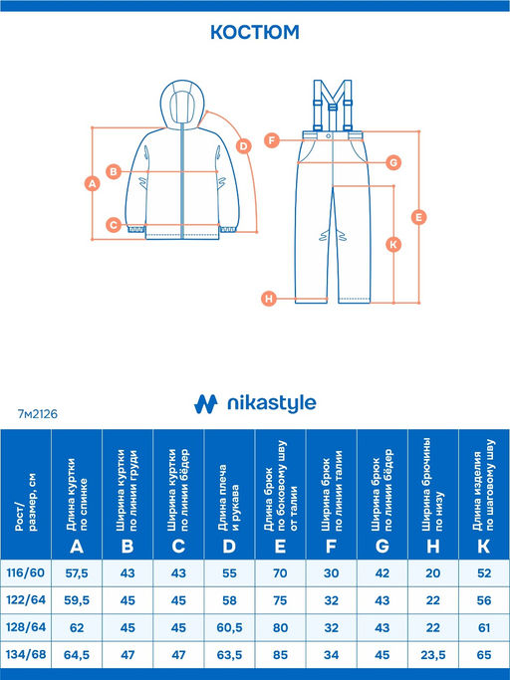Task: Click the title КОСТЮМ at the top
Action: point(255,32)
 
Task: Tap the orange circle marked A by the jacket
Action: point(92,183)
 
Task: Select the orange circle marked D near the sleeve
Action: point(244,146)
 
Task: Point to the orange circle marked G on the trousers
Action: point(393,162)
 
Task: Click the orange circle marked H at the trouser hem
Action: point(269,299)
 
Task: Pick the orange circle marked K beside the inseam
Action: point(393,244)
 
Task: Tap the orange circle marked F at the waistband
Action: point(272,140)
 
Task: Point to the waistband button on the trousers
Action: point(329,135)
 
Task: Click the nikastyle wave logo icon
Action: point(205,404)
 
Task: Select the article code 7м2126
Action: point(38,414)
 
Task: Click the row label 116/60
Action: point(26,572)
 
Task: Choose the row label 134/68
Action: point(26,654)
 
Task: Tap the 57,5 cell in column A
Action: point(77,573)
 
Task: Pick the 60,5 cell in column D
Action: point(229,627)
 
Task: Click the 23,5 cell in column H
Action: point(432,655)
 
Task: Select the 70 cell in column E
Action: point(280,573)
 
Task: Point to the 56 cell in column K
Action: point(484,600)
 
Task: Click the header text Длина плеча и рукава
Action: point(229,498)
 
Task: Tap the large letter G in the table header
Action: point(382,547)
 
